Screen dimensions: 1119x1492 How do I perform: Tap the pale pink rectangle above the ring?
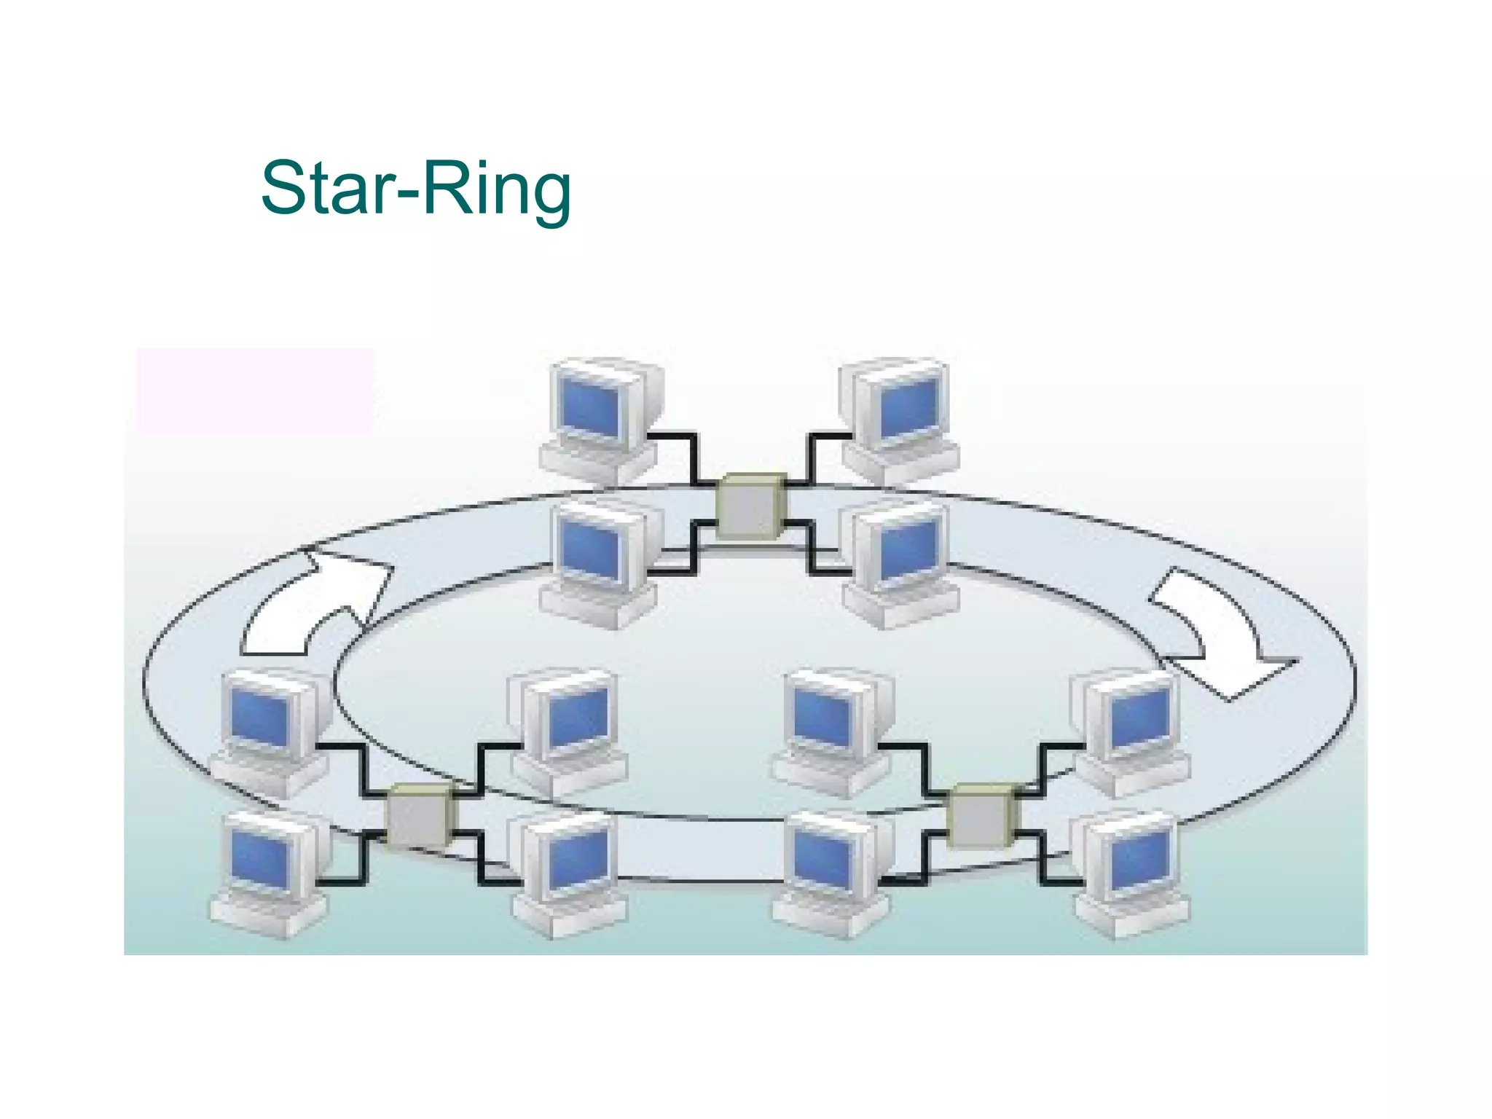coord(254,391)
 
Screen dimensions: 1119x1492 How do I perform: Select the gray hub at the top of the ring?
coord(752,506)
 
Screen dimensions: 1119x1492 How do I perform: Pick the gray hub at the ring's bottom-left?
coord(419,816)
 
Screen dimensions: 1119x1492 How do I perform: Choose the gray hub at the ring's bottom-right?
coord(981,816)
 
